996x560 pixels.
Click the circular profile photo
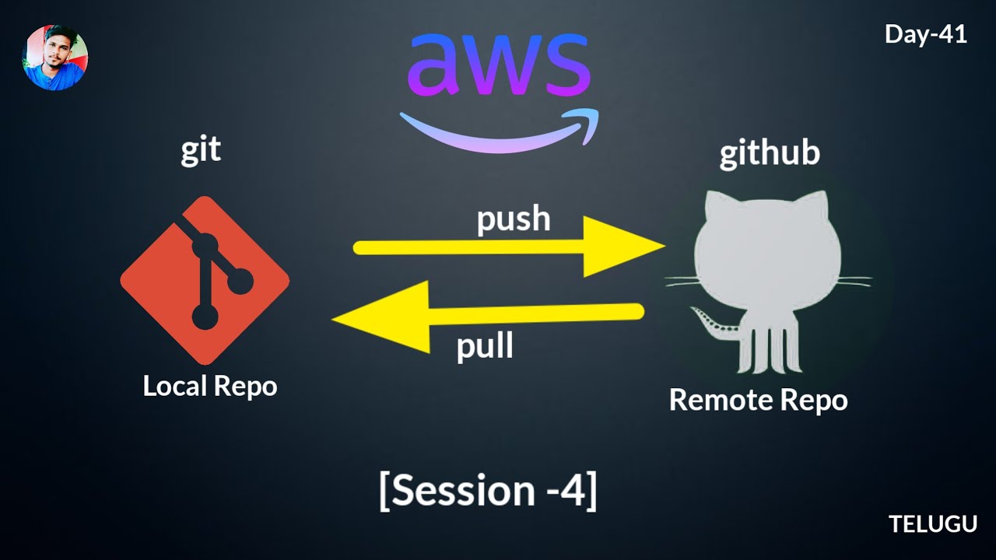(x=55, y=58)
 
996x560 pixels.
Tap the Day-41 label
(x=925, y=34)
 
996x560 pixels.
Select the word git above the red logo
(x=201, y=149)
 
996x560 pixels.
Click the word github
(x=769, y=153)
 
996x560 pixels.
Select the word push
(x=514, y=220)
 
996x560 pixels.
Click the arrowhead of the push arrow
(x=622, y=247)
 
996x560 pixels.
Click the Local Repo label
(x=210, y=386)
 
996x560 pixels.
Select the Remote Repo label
(x=758, y=400)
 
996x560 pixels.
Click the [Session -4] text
(x=488, y=490)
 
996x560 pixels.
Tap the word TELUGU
(x=933, y=524)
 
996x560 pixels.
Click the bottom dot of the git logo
(x=205, y=317)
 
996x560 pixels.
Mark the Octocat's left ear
(x=716, y=208)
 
